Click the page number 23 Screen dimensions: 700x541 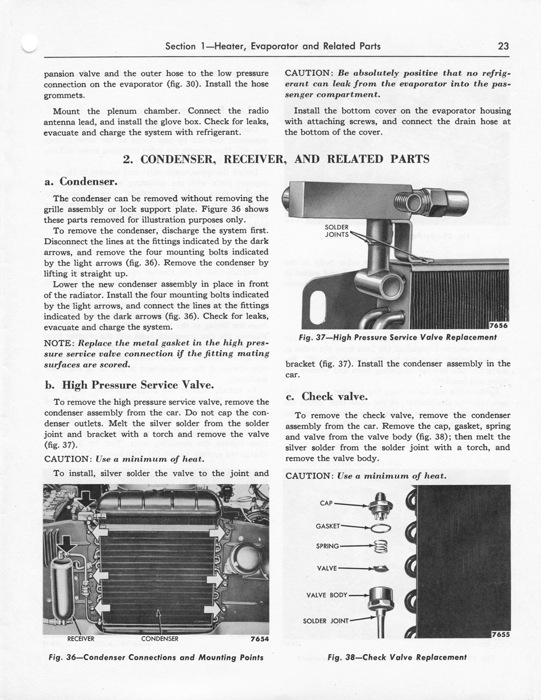(x=504, y=46)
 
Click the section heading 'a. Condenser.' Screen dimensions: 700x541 (x=81, y=182)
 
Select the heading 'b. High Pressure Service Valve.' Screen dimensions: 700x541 (x=129, y=385)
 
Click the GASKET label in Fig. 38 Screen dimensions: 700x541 (x=328, y=526)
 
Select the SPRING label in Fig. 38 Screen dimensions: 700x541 (x=328, y=546)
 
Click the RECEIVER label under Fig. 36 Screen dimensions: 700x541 (x=81, y=639)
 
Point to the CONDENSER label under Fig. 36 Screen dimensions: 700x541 (x=160, y=639)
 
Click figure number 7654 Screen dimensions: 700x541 (x=259, y=639)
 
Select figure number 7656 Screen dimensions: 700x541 (x=499, y=325)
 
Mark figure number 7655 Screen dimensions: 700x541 (x=500, y=634)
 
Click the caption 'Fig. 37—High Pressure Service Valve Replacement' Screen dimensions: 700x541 (x=397, y=338)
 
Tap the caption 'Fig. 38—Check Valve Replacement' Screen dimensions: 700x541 (x=397, y=658)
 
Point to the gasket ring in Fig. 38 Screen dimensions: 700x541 (x=381, y=528)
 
